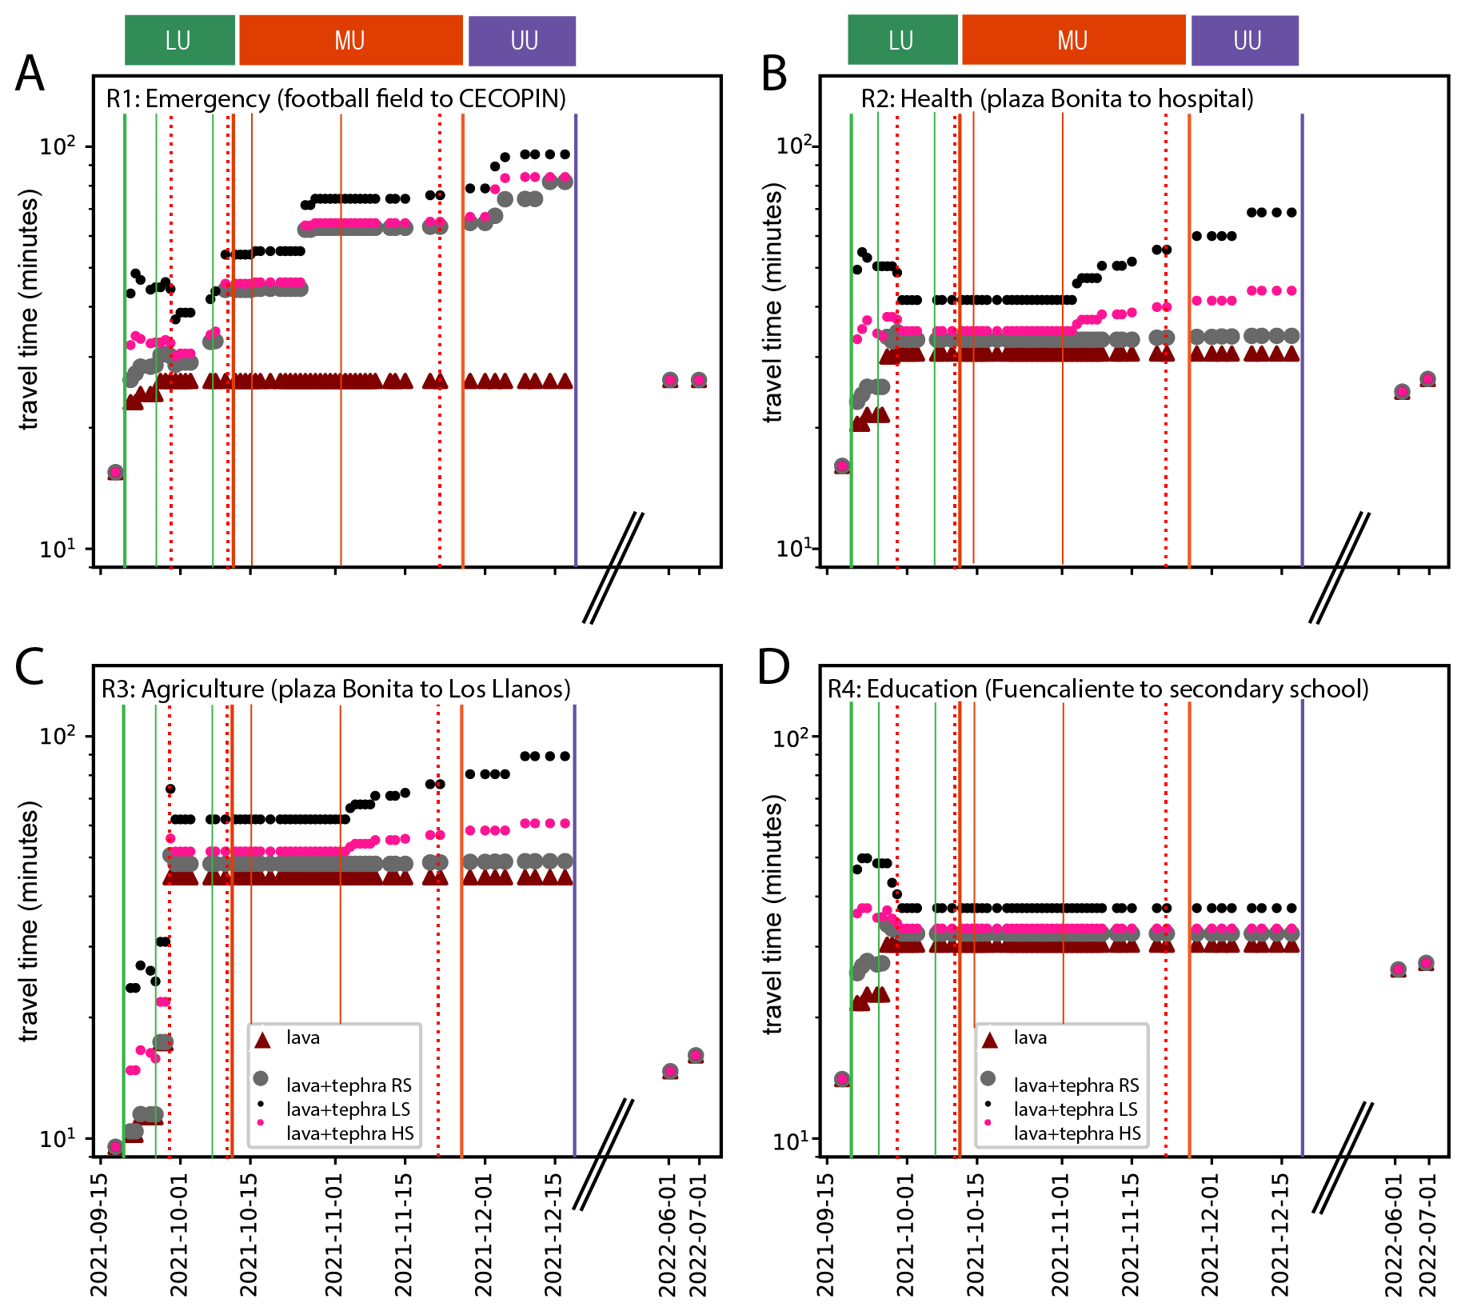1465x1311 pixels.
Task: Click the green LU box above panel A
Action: point(179,41)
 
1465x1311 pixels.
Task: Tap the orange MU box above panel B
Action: point(1072,41)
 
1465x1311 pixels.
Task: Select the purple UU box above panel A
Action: point(522,41)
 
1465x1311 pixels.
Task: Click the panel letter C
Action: point(30,666)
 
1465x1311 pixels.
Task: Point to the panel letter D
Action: point(773,666)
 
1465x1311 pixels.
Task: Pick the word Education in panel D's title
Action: point(922,689)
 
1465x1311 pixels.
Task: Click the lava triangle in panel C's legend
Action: point(262,1040)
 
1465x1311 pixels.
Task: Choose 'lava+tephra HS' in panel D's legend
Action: point(1077,1133)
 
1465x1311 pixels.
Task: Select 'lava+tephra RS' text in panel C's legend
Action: point(349,1085)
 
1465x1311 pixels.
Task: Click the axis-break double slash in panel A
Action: point(613,568)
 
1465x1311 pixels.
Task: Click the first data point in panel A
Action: point(115,473)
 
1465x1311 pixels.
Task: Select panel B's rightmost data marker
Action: point(1427,379)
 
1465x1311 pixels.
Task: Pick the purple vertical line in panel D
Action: point(1303,928)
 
